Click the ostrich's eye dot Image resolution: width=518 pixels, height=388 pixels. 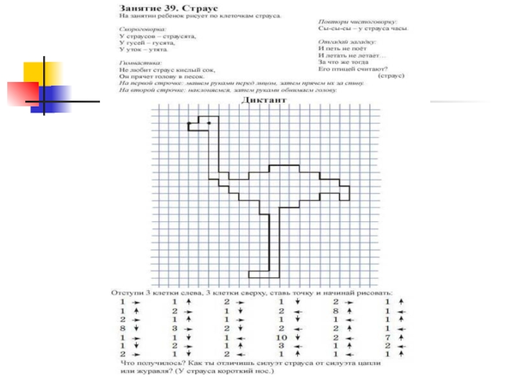[208, 122]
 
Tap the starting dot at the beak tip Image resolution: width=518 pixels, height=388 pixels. [188, 122]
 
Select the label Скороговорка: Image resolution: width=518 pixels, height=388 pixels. [141, 30]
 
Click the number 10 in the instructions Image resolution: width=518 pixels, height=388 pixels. [281, 338]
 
